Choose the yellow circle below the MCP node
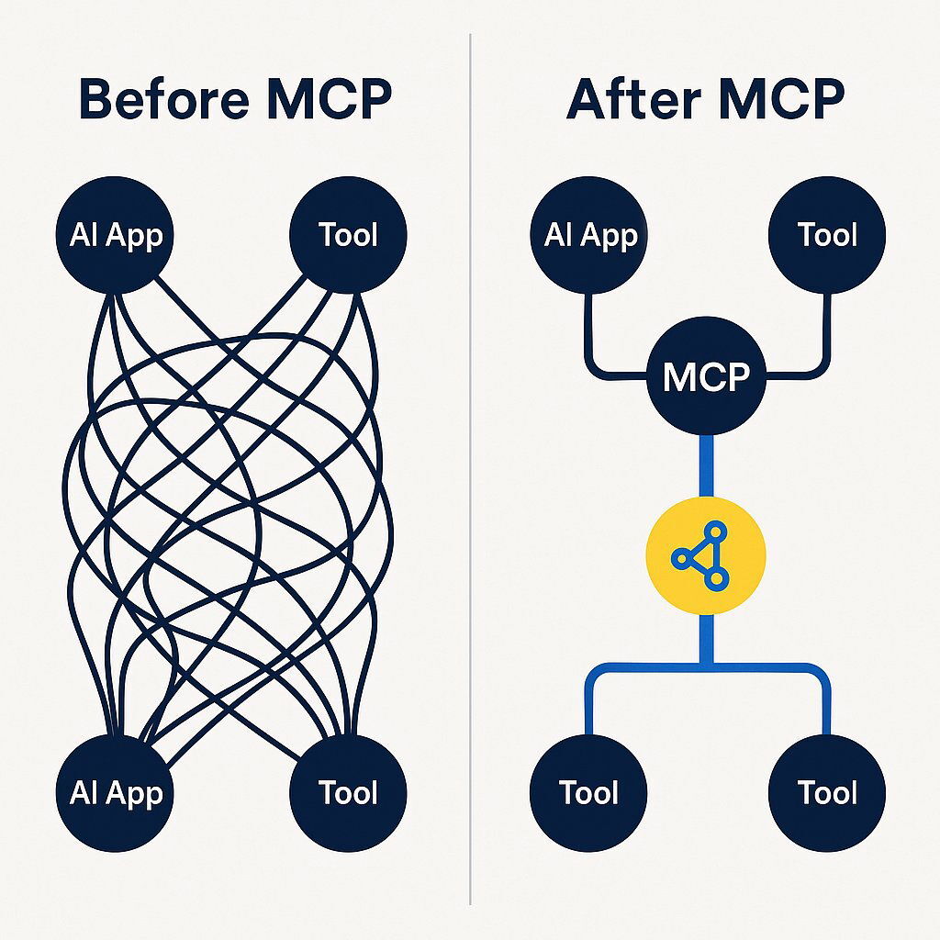coord(706,555)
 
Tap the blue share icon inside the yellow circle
coord(703,555)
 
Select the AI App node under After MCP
coord(589,235)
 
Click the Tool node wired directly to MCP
coord(827,235)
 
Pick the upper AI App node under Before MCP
coord(117,235)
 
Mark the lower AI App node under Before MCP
coord(117,792)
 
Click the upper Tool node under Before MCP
coord(348,235)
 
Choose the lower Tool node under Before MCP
coord(348,792)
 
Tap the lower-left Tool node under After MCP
coord(589,792)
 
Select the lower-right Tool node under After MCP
coord(827,792)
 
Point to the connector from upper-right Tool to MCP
coord(826,340)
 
